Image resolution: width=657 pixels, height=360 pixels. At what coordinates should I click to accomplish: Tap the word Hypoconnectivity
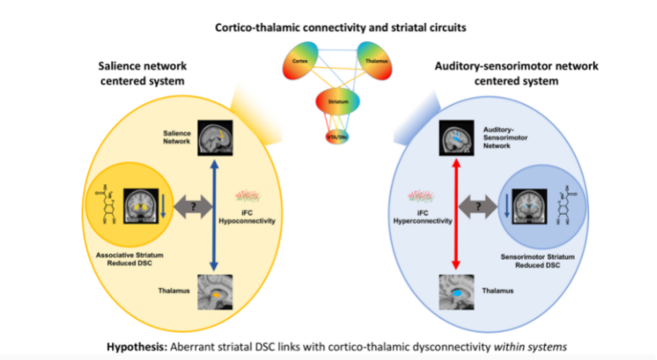[250, 222]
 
